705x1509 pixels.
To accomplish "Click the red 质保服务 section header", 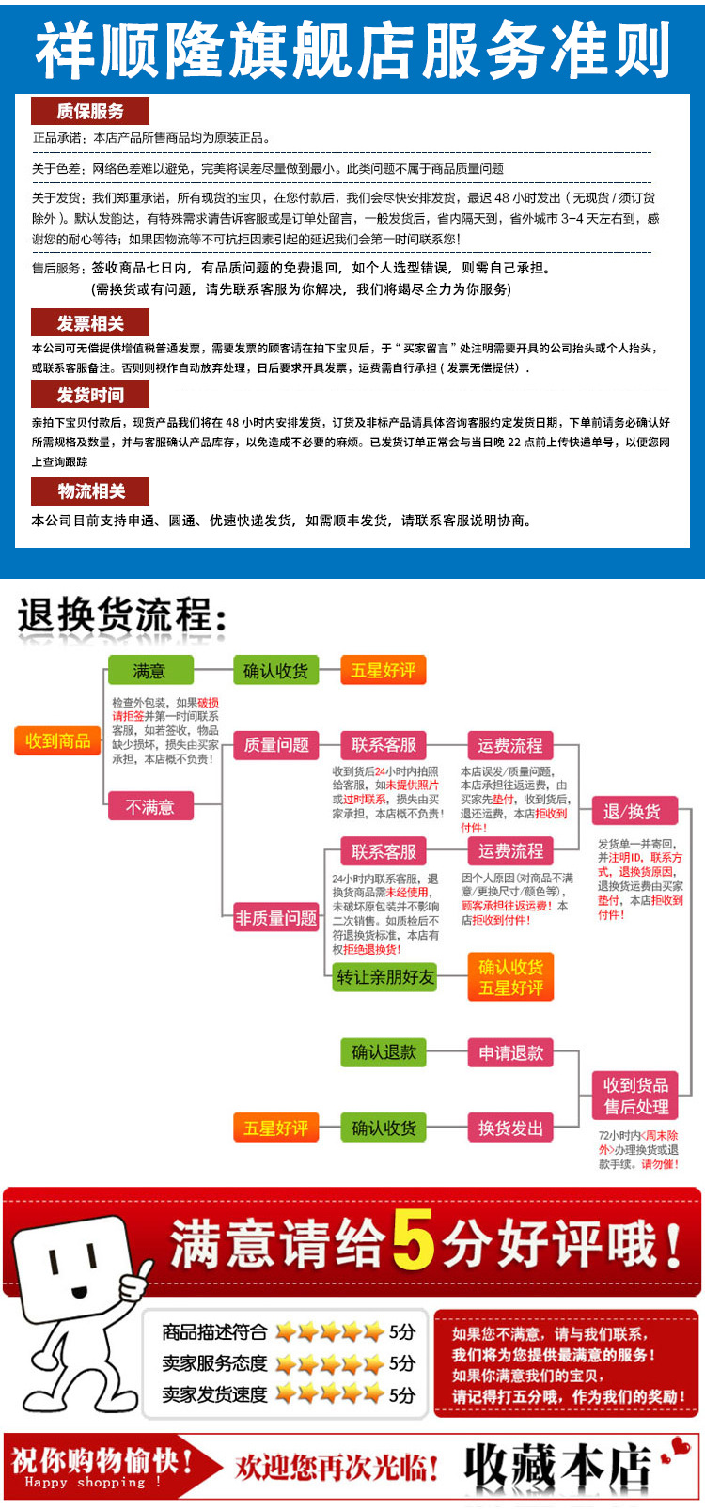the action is pos(90,111).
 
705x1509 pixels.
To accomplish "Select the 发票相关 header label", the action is pos(90,323).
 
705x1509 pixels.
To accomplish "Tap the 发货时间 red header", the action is pos(90,395).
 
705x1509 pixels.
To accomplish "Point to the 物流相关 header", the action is pos(90,490).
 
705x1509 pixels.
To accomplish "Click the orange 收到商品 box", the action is pos(58,741).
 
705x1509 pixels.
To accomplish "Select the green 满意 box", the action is pos(149,671).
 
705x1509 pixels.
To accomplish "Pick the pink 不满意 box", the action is pos(149,806).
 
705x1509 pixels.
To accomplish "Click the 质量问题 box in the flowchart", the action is pos(276,745).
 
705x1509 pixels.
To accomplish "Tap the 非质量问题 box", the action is pos(276,918).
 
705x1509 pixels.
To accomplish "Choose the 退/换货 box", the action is pos(632,811).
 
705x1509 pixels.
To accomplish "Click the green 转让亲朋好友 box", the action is pos(386,977).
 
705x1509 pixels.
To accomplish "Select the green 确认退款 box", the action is pos(384,1052).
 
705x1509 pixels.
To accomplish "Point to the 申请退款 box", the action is pos(510,1052).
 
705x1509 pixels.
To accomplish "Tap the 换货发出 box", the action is pos(510,1128).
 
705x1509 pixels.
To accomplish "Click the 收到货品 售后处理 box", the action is pos(636,1096).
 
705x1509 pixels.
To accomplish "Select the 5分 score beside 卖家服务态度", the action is pos(402,1363).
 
